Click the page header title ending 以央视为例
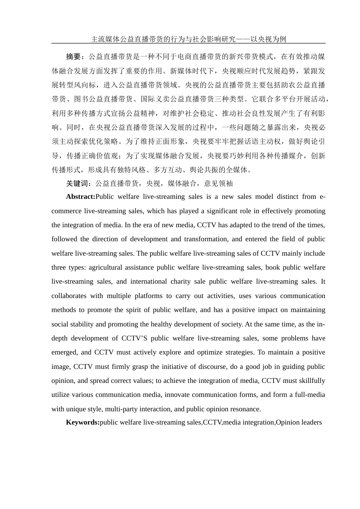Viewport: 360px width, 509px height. (x=188, y=39)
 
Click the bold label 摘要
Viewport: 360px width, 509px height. (x=74, y=57)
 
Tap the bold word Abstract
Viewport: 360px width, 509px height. (x=80, y=197)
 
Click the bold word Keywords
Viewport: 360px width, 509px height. (x=82, y=422)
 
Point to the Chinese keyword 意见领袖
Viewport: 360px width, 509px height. (x=218, y=184)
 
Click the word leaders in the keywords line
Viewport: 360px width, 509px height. (x=310, y=422)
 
